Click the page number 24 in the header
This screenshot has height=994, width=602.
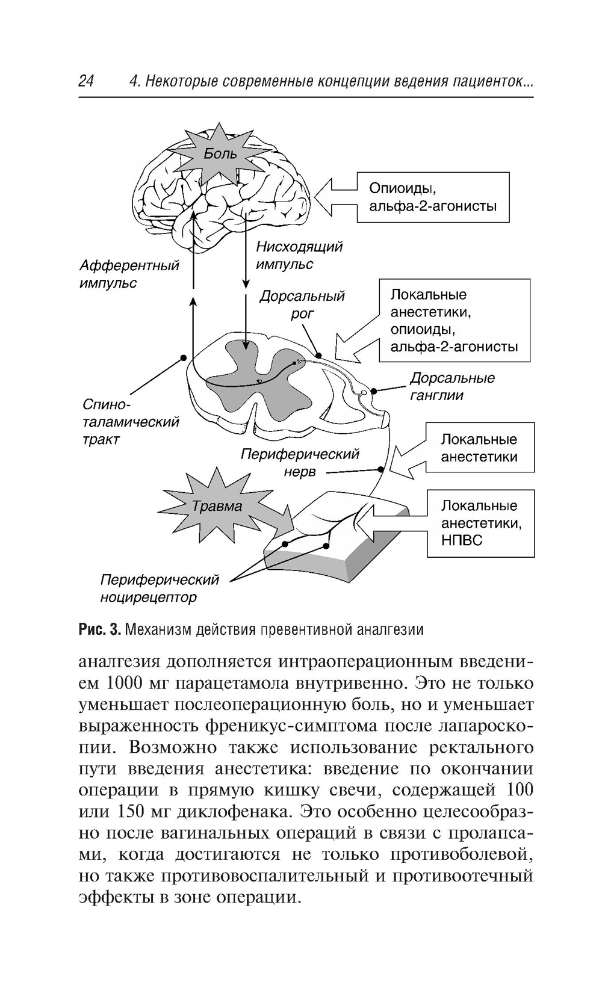click(x=86, y=81)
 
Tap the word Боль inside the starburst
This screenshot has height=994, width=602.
click(x=220, y=153)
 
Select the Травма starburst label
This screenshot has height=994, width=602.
click(x=217, y=506)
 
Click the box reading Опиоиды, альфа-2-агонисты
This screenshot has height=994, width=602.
click(x=433, y=197)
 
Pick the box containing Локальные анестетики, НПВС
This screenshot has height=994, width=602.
click(x=480, y=523)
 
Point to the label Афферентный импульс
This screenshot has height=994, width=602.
click(x=129, y=274)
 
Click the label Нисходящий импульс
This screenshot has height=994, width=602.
click(x=299, y=255)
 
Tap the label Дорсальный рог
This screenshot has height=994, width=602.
click(x=302, y=304)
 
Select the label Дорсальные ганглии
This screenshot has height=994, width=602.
click(x=452, y=386)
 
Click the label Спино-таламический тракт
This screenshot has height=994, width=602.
click(x=130, y=422)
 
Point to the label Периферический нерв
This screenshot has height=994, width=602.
click(x=300, y=463)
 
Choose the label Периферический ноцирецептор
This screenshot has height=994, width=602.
click(x=160, y=588)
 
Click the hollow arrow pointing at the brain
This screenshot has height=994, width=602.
click(x=335, y=197)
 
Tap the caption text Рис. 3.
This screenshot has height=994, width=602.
click(x=101, y=630)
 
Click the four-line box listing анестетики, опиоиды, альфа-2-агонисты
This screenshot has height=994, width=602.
click(x=455, y=320)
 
